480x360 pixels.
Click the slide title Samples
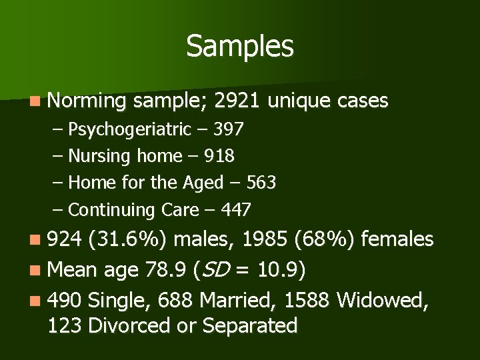239,46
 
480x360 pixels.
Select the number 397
228,129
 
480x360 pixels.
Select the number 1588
307,300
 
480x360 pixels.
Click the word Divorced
126,326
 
